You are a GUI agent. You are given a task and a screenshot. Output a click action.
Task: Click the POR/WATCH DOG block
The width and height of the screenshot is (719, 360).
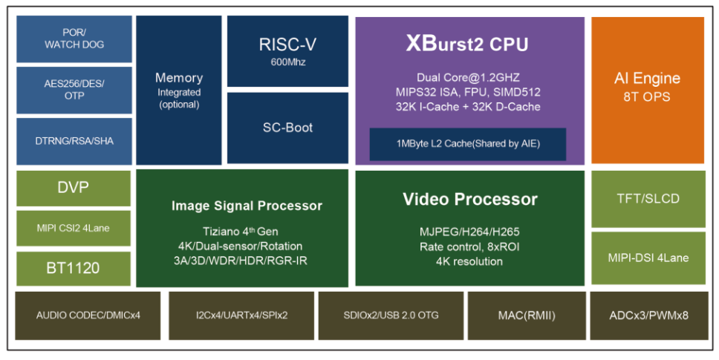click(x=74, y=39)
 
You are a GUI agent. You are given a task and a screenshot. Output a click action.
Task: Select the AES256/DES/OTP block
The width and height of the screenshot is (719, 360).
click(x=74, y=91)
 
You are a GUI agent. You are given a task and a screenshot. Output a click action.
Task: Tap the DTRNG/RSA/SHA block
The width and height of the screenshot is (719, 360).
click(x=74, y=141)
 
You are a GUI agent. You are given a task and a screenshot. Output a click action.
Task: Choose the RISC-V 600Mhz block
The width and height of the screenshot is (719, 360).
click(x=287, y=50)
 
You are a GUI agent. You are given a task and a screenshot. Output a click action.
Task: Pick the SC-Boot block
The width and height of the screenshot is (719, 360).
click(x=287, y=128)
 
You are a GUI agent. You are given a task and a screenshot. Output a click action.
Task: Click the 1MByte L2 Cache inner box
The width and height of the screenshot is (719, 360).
click(x=468, y=144)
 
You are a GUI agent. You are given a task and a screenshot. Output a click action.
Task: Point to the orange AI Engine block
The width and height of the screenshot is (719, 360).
click(x=648, y=91)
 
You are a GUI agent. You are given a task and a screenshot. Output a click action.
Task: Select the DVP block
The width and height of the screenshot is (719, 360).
click(x=74, y=188)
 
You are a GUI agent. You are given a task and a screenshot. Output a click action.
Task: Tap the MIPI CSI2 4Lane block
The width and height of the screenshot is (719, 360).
click(x=74, y=228)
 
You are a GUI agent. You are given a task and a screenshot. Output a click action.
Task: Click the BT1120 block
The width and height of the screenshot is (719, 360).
click(x=74, y=269)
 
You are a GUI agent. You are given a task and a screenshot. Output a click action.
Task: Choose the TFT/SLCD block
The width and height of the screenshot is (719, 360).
click(x=648, y=199)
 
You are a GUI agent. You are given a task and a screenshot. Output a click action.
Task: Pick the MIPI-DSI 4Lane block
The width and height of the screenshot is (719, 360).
click(x=648, y=258)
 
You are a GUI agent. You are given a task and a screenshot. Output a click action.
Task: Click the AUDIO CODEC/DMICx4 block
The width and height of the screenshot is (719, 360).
click(x=88, y=315)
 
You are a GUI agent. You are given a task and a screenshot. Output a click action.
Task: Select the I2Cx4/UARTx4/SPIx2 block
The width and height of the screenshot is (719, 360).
click(x=241, y=315)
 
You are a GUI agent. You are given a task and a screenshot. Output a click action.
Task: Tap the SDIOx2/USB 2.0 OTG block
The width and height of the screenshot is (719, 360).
click(x=391, y=315)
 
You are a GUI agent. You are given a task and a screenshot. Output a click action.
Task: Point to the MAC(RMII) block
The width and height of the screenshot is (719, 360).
click(x=527, y=315)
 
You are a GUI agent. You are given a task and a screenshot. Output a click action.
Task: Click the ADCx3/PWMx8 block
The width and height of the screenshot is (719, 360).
click(x=649, y=315)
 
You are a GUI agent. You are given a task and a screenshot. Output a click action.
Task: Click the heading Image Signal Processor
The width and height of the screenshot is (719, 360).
click(x=247, y=206)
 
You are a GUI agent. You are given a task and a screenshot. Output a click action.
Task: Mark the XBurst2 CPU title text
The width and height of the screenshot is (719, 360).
click(x=467, y=44)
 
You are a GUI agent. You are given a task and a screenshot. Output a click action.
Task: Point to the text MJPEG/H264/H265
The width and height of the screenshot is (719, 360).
click(x=469, y=232)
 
